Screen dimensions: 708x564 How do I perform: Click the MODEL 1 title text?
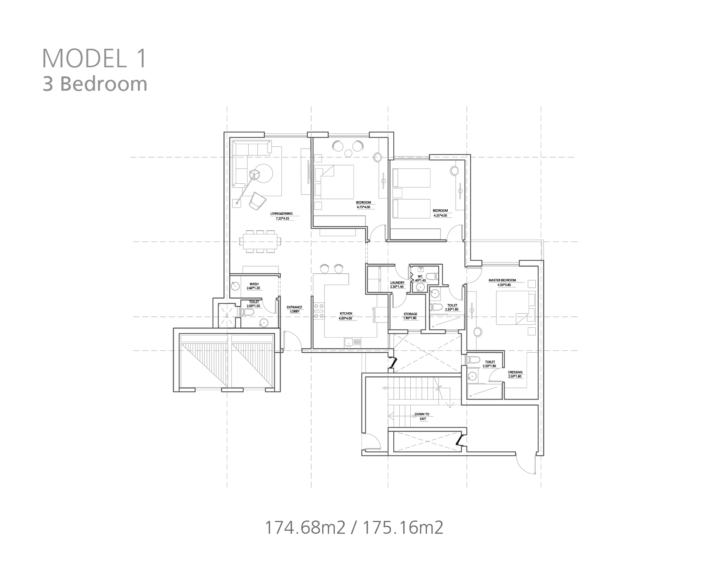pyautogui.click(x=94, y=58)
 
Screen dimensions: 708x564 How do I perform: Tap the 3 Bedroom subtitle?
pyautogui.click(x=95, y=84)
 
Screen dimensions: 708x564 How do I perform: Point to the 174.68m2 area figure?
pyautogui.click(x=305, y=527)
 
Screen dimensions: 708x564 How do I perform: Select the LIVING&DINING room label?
pyautogui.click(x=281, y=214)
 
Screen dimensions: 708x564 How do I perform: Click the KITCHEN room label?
pyautogui.click(x=346, y=314)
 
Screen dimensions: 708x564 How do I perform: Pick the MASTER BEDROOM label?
pyautogui.click(x=502, y=280)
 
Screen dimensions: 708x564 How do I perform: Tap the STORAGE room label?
pyautogui.click(x=410, y=314)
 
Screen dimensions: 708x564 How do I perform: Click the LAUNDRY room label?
pyautogui.click(x=397, y=283)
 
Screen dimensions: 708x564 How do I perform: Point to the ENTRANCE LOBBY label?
pyautogui.click(x=295, y=309)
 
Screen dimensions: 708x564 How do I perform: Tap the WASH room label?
pyautogui.click(x=254, y=284)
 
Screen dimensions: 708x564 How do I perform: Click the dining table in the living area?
pyautogui.click(x=260, y=241)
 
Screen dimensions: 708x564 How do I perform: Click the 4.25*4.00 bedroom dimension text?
pyautogui.click(x=440, y=215)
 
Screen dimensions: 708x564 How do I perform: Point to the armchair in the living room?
pyautogui.click(x=257, y=200)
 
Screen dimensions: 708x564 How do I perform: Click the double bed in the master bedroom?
pyautogui.click(x=516, y=307)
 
